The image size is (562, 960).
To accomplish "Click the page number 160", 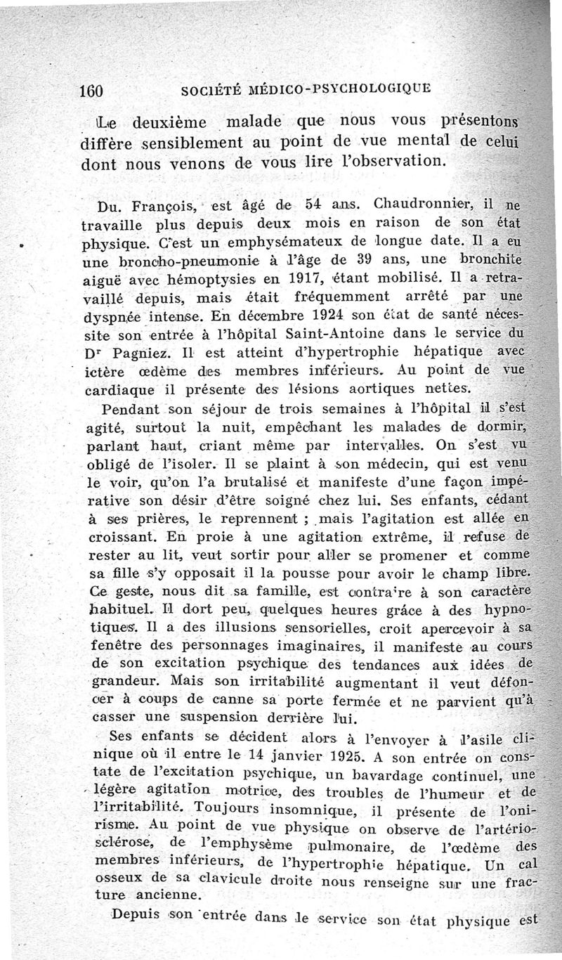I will click(x=93, y=91).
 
